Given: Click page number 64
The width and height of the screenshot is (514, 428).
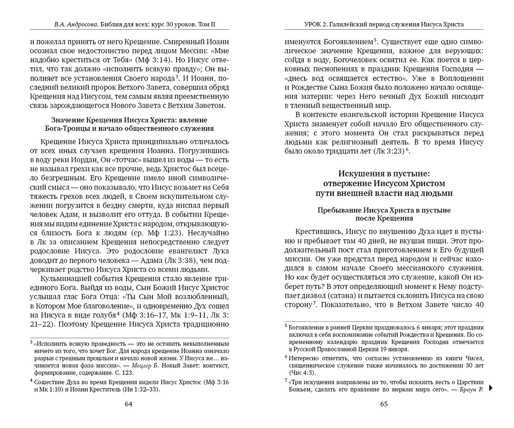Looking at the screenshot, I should click(x=128, y=404).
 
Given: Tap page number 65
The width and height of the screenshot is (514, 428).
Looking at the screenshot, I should click(x=384, y=404).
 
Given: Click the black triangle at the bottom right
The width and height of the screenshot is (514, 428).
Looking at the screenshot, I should click(x=491, y=388).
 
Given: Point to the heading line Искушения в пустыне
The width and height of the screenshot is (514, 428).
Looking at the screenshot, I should click(x=384, y=173).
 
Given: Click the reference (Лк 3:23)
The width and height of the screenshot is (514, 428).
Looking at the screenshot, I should click(x=385, y=151).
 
